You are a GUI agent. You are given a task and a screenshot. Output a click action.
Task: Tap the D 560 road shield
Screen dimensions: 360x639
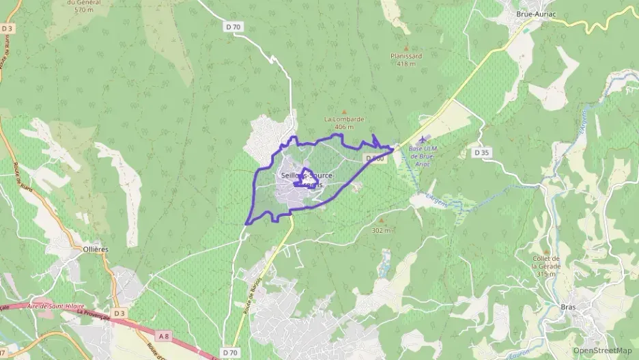tap(375, 158)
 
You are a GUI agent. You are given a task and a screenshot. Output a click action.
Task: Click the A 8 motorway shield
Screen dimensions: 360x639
tap(164, 336)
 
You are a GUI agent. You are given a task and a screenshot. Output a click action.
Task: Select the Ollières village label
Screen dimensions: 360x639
tap(96, 250)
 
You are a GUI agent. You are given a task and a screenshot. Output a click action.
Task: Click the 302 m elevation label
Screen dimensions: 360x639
tap(382, 230)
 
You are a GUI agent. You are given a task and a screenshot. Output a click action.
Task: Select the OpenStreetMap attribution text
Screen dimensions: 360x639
tap(603, 350)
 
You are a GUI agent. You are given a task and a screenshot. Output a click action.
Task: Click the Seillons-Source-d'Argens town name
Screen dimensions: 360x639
tap(307, 176)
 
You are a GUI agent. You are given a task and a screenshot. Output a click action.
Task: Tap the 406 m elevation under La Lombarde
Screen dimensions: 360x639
tap(344, 127)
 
